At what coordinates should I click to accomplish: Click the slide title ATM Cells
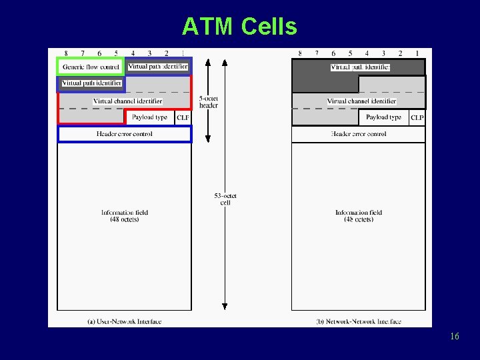tap(239, 27)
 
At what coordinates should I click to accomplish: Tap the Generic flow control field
tap(91, 67)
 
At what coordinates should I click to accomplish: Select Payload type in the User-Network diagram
tap(149, 117)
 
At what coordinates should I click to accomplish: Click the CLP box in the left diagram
tap(183, 117)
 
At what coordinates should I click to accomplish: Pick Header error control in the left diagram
tap(125, 134)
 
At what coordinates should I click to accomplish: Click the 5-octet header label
tap(209, 102)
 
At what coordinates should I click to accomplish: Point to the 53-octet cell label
tap(225, 199)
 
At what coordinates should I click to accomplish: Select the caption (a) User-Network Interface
tap(124, 321)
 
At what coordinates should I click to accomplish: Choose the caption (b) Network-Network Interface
tap(359, 321)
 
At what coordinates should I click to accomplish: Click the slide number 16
tap(454, 337)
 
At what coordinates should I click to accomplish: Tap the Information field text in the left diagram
tap(125, 216)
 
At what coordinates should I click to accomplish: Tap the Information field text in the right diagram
tap(359, 216)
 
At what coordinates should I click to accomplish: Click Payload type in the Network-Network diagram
tap(383, 117)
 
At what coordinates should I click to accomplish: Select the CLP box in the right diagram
tap(417, 117)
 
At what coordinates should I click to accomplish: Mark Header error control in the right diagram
tap(359, 134)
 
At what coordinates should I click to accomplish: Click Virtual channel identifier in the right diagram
tap(361, 101)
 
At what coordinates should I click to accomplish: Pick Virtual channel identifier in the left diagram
tap(127, 101)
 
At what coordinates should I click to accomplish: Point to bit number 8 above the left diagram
tap(66, 53)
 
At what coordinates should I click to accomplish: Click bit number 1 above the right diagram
tap(417, 53)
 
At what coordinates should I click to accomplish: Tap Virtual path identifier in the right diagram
tap(360, 67)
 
